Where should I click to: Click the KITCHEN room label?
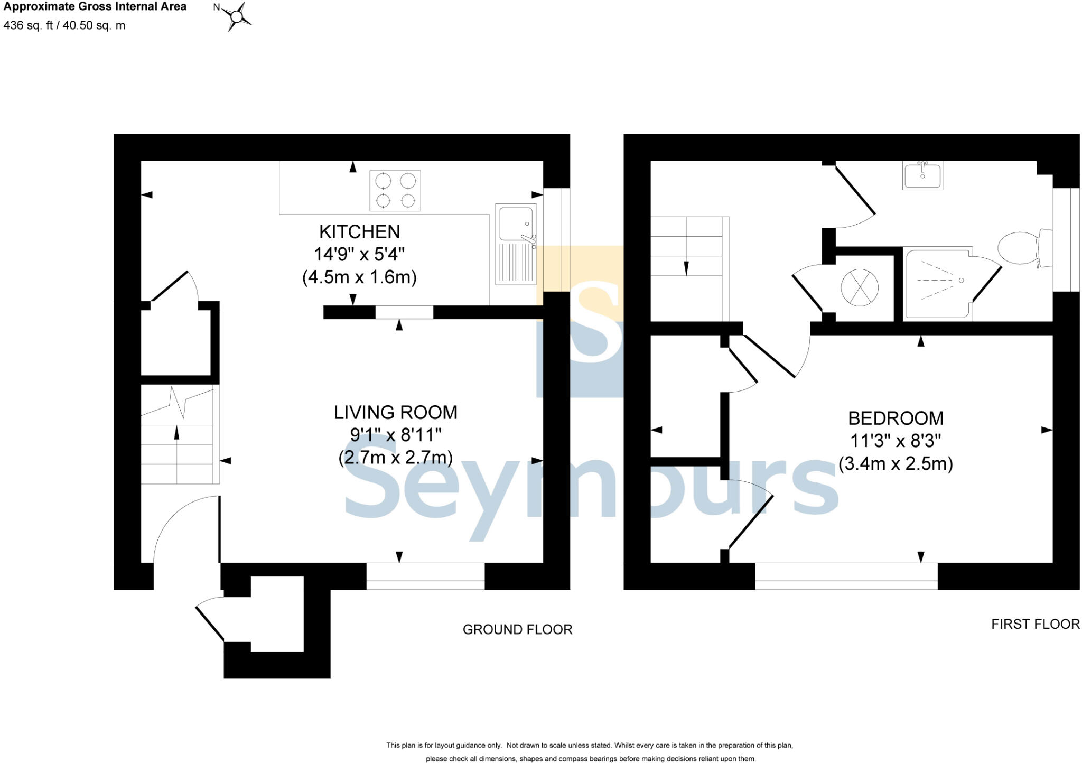pyautogui.click(x=359, y=232)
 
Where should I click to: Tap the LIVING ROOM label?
pyautogui.click(x=395, y=413)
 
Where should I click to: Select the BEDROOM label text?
pyautogui.click(x=896, y=418)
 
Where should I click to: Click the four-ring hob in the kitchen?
pyautogui.click(x=395, y=190)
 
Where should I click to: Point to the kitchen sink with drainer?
pyautogui.click(x=516, y=244)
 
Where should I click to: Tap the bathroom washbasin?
pyautogui.click(x=922, y=175)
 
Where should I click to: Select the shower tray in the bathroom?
pyautogui.click(x=938, y=284)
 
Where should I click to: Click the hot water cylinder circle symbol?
pyautogui.click(x=860, y=287)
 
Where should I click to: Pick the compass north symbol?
pyautogui.click(x=236, y=16)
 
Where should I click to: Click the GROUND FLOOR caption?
pyautogui.click(x=517, y=630)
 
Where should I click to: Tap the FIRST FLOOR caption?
pyautogui.click(x=1035, y=624)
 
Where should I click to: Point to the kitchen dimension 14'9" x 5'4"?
pyautogui.click(x=359, y=255)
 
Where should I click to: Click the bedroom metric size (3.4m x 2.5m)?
pyautogui.click(x=896, y=464)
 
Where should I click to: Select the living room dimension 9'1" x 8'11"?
pyautogui.click(x=395, y=435)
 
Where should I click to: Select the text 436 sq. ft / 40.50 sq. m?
pyautogui.click(x=64, y=25)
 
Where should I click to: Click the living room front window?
pyautogui.click(x=425, y=576)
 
